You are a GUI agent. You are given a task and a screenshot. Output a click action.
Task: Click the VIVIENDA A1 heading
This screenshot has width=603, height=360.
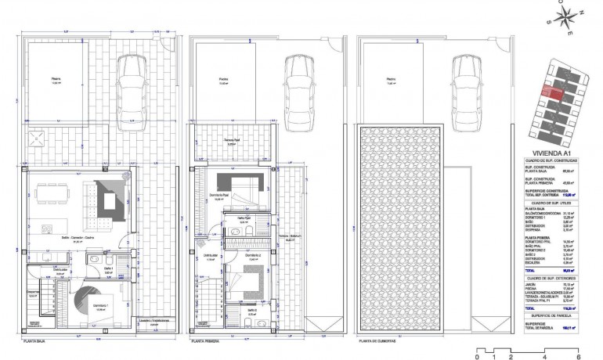[547, 154]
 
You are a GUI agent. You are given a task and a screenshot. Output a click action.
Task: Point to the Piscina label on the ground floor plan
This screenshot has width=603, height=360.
[56, 79]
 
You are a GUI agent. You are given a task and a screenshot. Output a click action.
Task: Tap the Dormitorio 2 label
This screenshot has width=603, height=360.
[251, 255]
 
